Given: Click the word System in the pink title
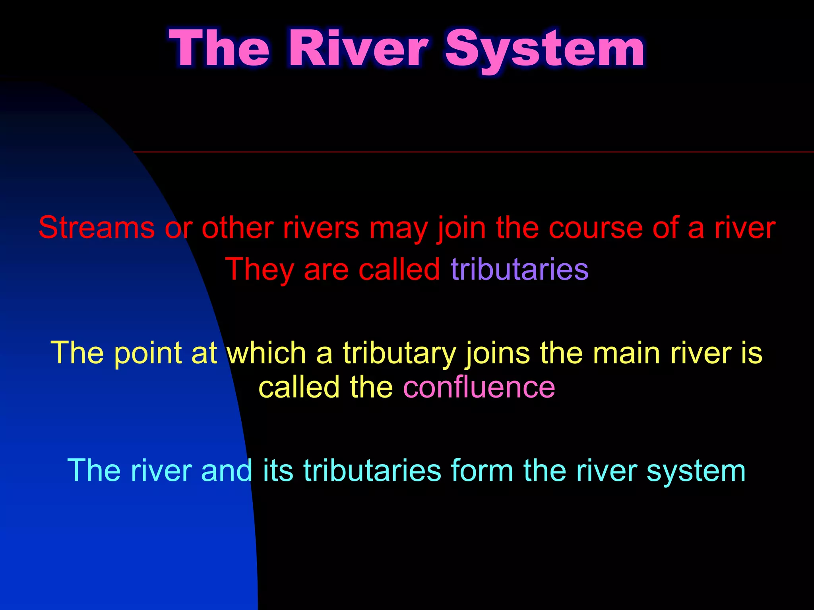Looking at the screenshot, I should (x=545, y=50).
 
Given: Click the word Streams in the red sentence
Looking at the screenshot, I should (x=97, y=228).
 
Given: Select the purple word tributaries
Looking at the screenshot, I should (x=519, y=269).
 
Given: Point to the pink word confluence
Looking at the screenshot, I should (x=479, y=387).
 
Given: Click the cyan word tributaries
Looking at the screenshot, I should (x=372, y=471).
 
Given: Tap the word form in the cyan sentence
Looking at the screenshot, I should (x=482, y=471).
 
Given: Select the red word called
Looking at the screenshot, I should (x=399, y=269).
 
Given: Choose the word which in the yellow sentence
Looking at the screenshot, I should (x=266, y=353).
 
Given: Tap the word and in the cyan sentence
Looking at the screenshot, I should (x=227, y=471).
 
